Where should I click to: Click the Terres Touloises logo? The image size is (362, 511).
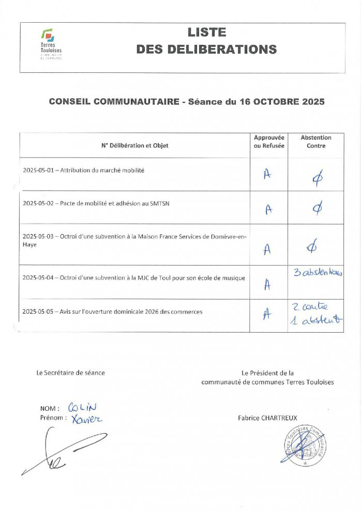point(51,44)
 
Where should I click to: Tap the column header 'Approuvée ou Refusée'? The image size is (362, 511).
point(269,142)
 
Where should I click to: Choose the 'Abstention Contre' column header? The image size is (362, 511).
point(316,142)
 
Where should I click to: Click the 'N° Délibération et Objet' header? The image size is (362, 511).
point(135,146)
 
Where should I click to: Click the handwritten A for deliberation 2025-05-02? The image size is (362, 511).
point(268,208)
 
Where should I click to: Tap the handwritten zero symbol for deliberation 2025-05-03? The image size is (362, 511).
point(312,248)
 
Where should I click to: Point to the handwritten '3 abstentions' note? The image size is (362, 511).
point(318,272)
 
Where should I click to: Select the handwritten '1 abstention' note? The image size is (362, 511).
point(317,320)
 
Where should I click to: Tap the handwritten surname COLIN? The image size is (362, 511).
point(82,408)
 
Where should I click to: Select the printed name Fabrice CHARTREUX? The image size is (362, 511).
point(267,417)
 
